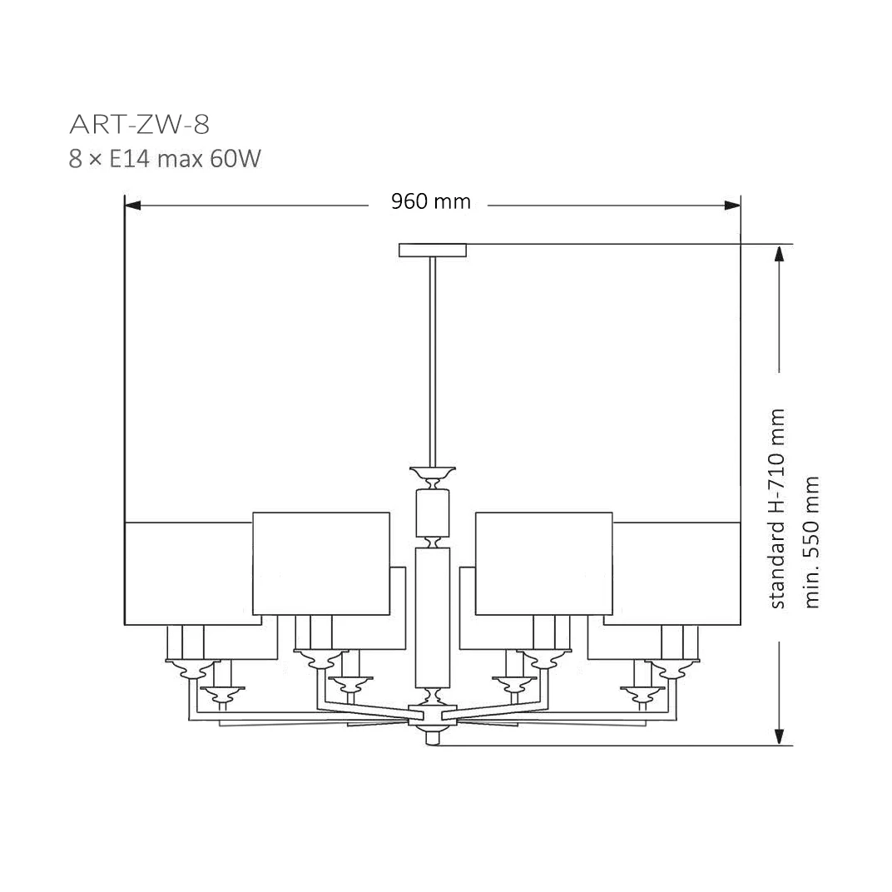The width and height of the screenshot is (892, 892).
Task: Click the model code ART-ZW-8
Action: pos(140,125)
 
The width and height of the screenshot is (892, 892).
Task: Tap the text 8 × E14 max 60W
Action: pos(165,159)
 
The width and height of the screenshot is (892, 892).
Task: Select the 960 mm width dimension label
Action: pos(431,201)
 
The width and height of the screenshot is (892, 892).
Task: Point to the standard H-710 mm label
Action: pos(777,508)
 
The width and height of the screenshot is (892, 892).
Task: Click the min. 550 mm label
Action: pos(811,543)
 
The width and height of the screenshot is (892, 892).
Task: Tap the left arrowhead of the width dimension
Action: pos(132,206)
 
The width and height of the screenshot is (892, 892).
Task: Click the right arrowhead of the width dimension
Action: pos(733,206)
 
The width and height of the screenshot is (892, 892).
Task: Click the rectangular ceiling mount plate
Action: pos(433,250)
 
